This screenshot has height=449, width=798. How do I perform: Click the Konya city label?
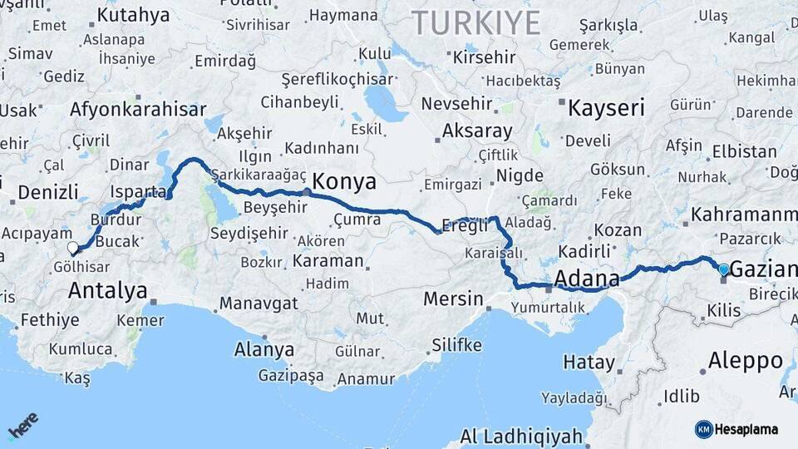click(x=344, y=182)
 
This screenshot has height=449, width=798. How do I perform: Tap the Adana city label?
click(x=586, y=278)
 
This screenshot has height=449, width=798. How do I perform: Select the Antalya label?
click(x=108, y=290)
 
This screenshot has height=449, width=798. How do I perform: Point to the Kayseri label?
click(x=606, y=107)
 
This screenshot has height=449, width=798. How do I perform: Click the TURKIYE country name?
click(x=476, y=22)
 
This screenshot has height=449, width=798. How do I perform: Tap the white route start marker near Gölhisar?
click(x=73, y=248)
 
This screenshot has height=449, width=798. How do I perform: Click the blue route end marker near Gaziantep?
click(x=723, y=269)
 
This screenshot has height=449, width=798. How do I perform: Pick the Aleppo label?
click(x=746, y=361)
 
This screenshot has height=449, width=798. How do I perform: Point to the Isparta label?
click(x=138, y=191)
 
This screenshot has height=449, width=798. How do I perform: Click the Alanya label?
click(x=264, y=349)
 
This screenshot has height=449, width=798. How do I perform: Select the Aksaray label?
click(x=477, y=131)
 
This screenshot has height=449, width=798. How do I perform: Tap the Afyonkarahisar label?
click(x=138, y=109)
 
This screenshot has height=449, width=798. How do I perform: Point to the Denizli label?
click(x=47, y=193)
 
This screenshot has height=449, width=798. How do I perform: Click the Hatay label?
click(x=589, y=363)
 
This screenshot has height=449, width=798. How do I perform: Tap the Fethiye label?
click(x=50, y=319)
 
